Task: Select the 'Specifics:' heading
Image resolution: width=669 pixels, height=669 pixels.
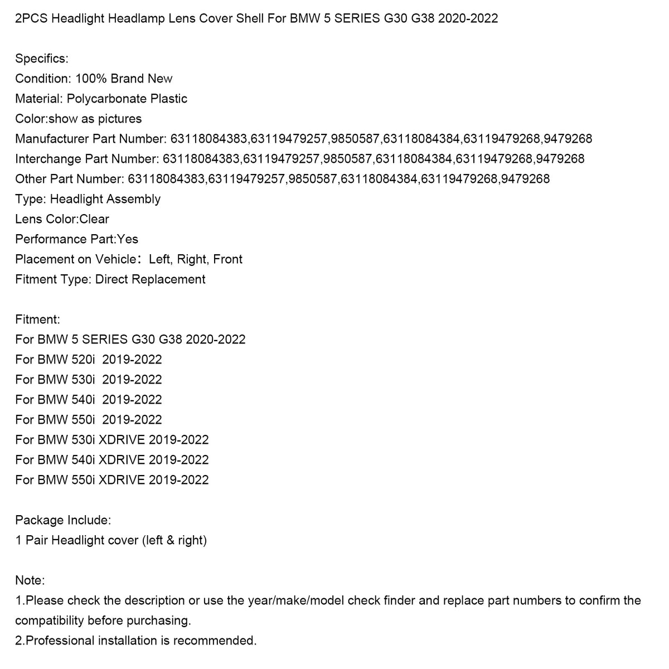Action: (x=42, y=59)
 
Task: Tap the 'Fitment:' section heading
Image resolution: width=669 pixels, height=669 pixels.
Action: (x=37, y=319)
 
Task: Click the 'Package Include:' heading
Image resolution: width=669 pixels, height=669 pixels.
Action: (x=63, y=520)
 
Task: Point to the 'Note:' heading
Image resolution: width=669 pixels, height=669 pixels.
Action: (x=30, y=580)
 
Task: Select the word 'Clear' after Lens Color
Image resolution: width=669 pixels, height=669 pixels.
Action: (x=94, y=219)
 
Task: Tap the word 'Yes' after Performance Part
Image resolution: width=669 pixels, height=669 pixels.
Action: (x=128, y=239)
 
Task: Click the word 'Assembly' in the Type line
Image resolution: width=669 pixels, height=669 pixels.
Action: (x=133, y=199)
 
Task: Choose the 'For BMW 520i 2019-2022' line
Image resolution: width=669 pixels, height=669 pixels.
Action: (x=89, y=360)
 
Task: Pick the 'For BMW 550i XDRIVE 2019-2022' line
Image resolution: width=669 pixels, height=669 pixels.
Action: (x=112, y=480)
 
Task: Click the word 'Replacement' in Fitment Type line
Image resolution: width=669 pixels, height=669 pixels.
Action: (x=170, y=279)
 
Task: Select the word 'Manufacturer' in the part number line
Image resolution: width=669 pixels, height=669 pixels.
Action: (x=52, y=139)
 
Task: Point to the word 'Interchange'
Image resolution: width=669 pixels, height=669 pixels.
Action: (x=48, y=159)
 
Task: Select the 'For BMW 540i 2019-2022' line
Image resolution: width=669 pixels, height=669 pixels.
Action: (x=89, y=400)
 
